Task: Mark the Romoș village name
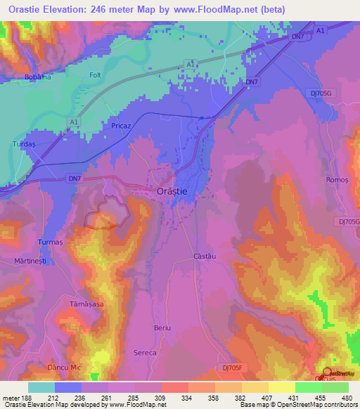tap(337, 181)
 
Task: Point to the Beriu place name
tap(162, 328)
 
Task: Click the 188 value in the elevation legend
tap(28, 398)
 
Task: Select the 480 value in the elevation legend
tap(347, 398)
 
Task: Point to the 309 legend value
tap(161, 398)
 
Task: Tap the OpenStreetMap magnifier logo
tap(328, 372)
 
